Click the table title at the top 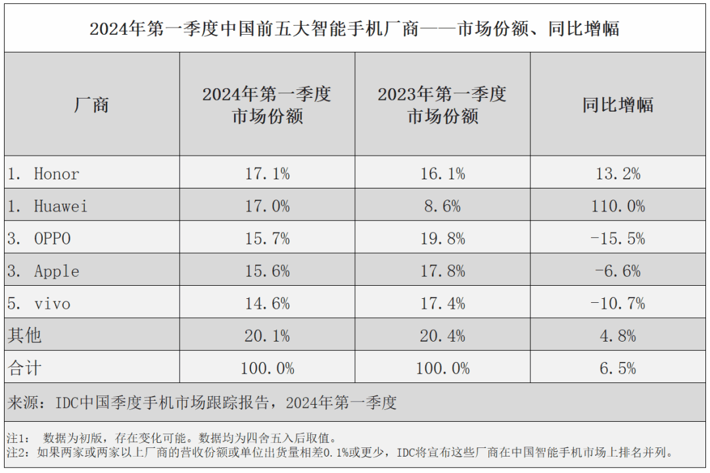(354, 29)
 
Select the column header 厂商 (91, 105)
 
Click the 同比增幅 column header (617, 105)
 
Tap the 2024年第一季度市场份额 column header (267, 105)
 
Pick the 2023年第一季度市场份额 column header (442, 105)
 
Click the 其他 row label (24, 336)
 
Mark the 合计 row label (24, 369)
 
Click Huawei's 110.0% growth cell (617, 206)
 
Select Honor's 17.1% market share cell (267, 174)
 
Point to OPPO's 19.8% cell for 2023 (442, 238)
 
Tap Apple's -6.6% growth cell (617, 271)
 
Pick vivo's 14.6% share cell (267, 304)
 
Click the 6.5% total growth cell (617, 369)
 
